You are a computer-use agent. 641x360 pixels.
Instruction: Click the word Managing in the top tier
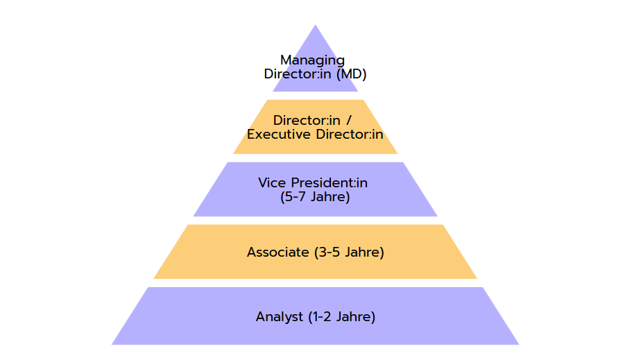[x=312, y=60]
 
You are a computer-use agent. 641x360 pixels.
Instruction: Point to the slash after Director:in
[x=349, y=121]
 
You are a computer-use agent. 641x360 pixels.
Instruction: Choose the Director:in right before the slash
[x=307, y=121]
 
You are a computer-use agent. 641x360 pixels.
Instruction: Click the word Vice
[x=272, y=182]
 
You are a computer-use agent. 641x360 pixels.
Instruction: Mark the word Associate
[x=278, y=252]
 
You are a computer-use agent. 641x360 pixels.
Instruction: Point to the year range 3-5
[x=329, y=252]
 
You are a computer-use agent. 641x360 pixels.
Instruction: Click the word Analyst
[x=279, y=317]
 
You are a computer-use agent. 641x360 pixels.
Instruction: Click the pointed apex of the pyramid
[x=315, y=25]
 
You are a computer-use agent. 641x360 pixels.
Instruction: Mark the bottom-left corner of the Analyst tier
[x=112, y=345]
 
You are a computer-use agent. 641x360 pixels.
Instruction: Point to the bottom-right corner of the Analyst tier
[x=519, y=345]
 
